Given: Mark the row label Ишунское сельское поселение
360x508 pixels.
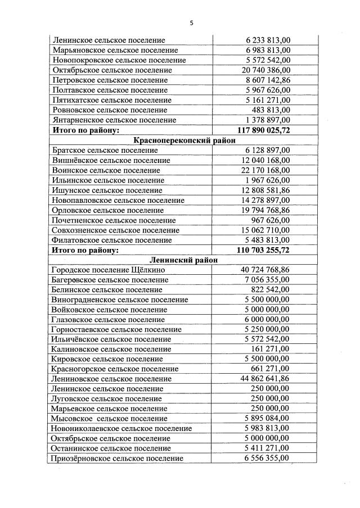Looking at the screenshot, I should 107,190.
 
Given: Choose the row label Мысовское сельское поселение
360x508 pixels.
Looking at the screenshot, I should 109,419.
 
